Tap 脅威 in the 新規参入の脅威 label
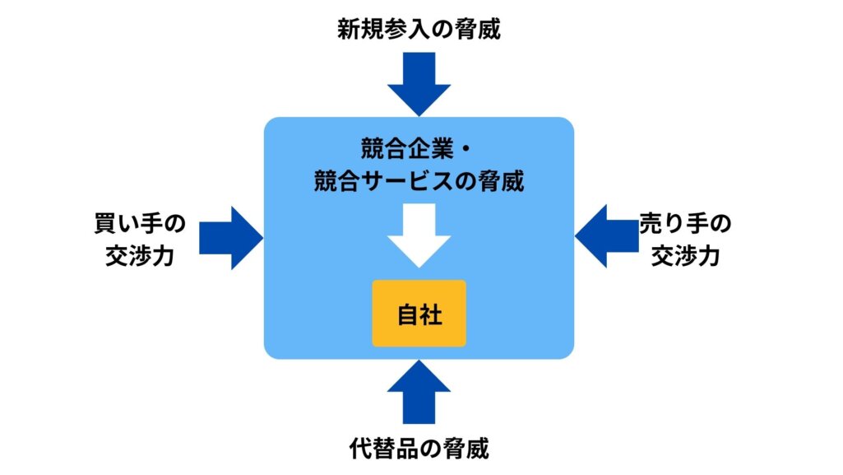(480, 30)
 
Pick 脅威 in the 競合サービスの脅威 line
(503, 180)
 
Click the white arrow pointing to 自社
(419, 235)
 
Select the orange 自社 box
(419, 314)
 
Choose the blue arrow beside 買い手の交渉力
(229, 238)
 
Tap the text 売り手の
(686, 224)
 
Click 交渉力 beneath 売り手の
(686, 256)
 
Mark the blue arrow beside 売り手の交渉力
(606, 238)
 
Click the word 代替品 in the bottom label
(379, 449)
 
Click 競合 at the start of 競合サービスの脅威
(336, 180)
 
